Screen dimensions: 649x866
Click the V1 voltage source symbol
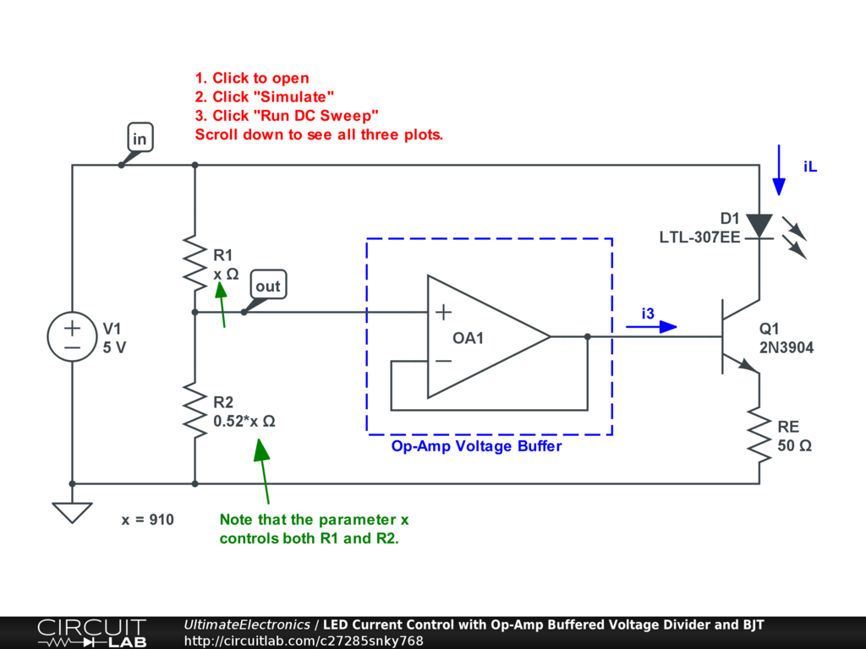click(x=72, y=336)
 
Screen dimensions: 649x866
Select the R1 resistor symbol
click(x=195, y=263)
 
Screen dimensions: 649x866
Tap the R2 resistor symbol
click(x=195, y=410)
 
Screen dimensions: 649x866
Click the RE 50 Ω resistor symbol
click(x=759, y=435)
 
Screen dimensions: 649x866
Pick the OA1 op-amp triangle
click(x=482, y=336)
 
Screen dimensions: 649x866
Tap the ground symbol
click(x=72, y=512)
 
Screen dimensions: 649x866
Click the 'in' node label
click(x=140, y=138)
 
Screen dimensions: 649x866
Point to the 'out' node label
click(x=267, y=286)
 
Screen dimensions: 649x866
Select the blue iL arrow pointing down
click(x=778, y=169)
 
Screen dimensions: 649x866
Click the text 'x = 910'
click(x=148, y=520)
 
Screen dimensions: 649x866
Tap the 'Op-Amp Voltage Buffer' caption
click(x=476, y=446)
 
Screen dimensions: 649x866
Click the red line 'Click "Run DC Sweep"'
click(x=287, y=115)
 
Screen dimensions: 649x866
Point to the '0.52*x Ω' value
click(x=244, y=420)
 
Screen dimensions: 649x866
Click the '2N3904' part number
click(x=787, y=346)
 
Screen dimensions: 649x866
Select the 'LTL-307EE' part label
click(x=699, y=237)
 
